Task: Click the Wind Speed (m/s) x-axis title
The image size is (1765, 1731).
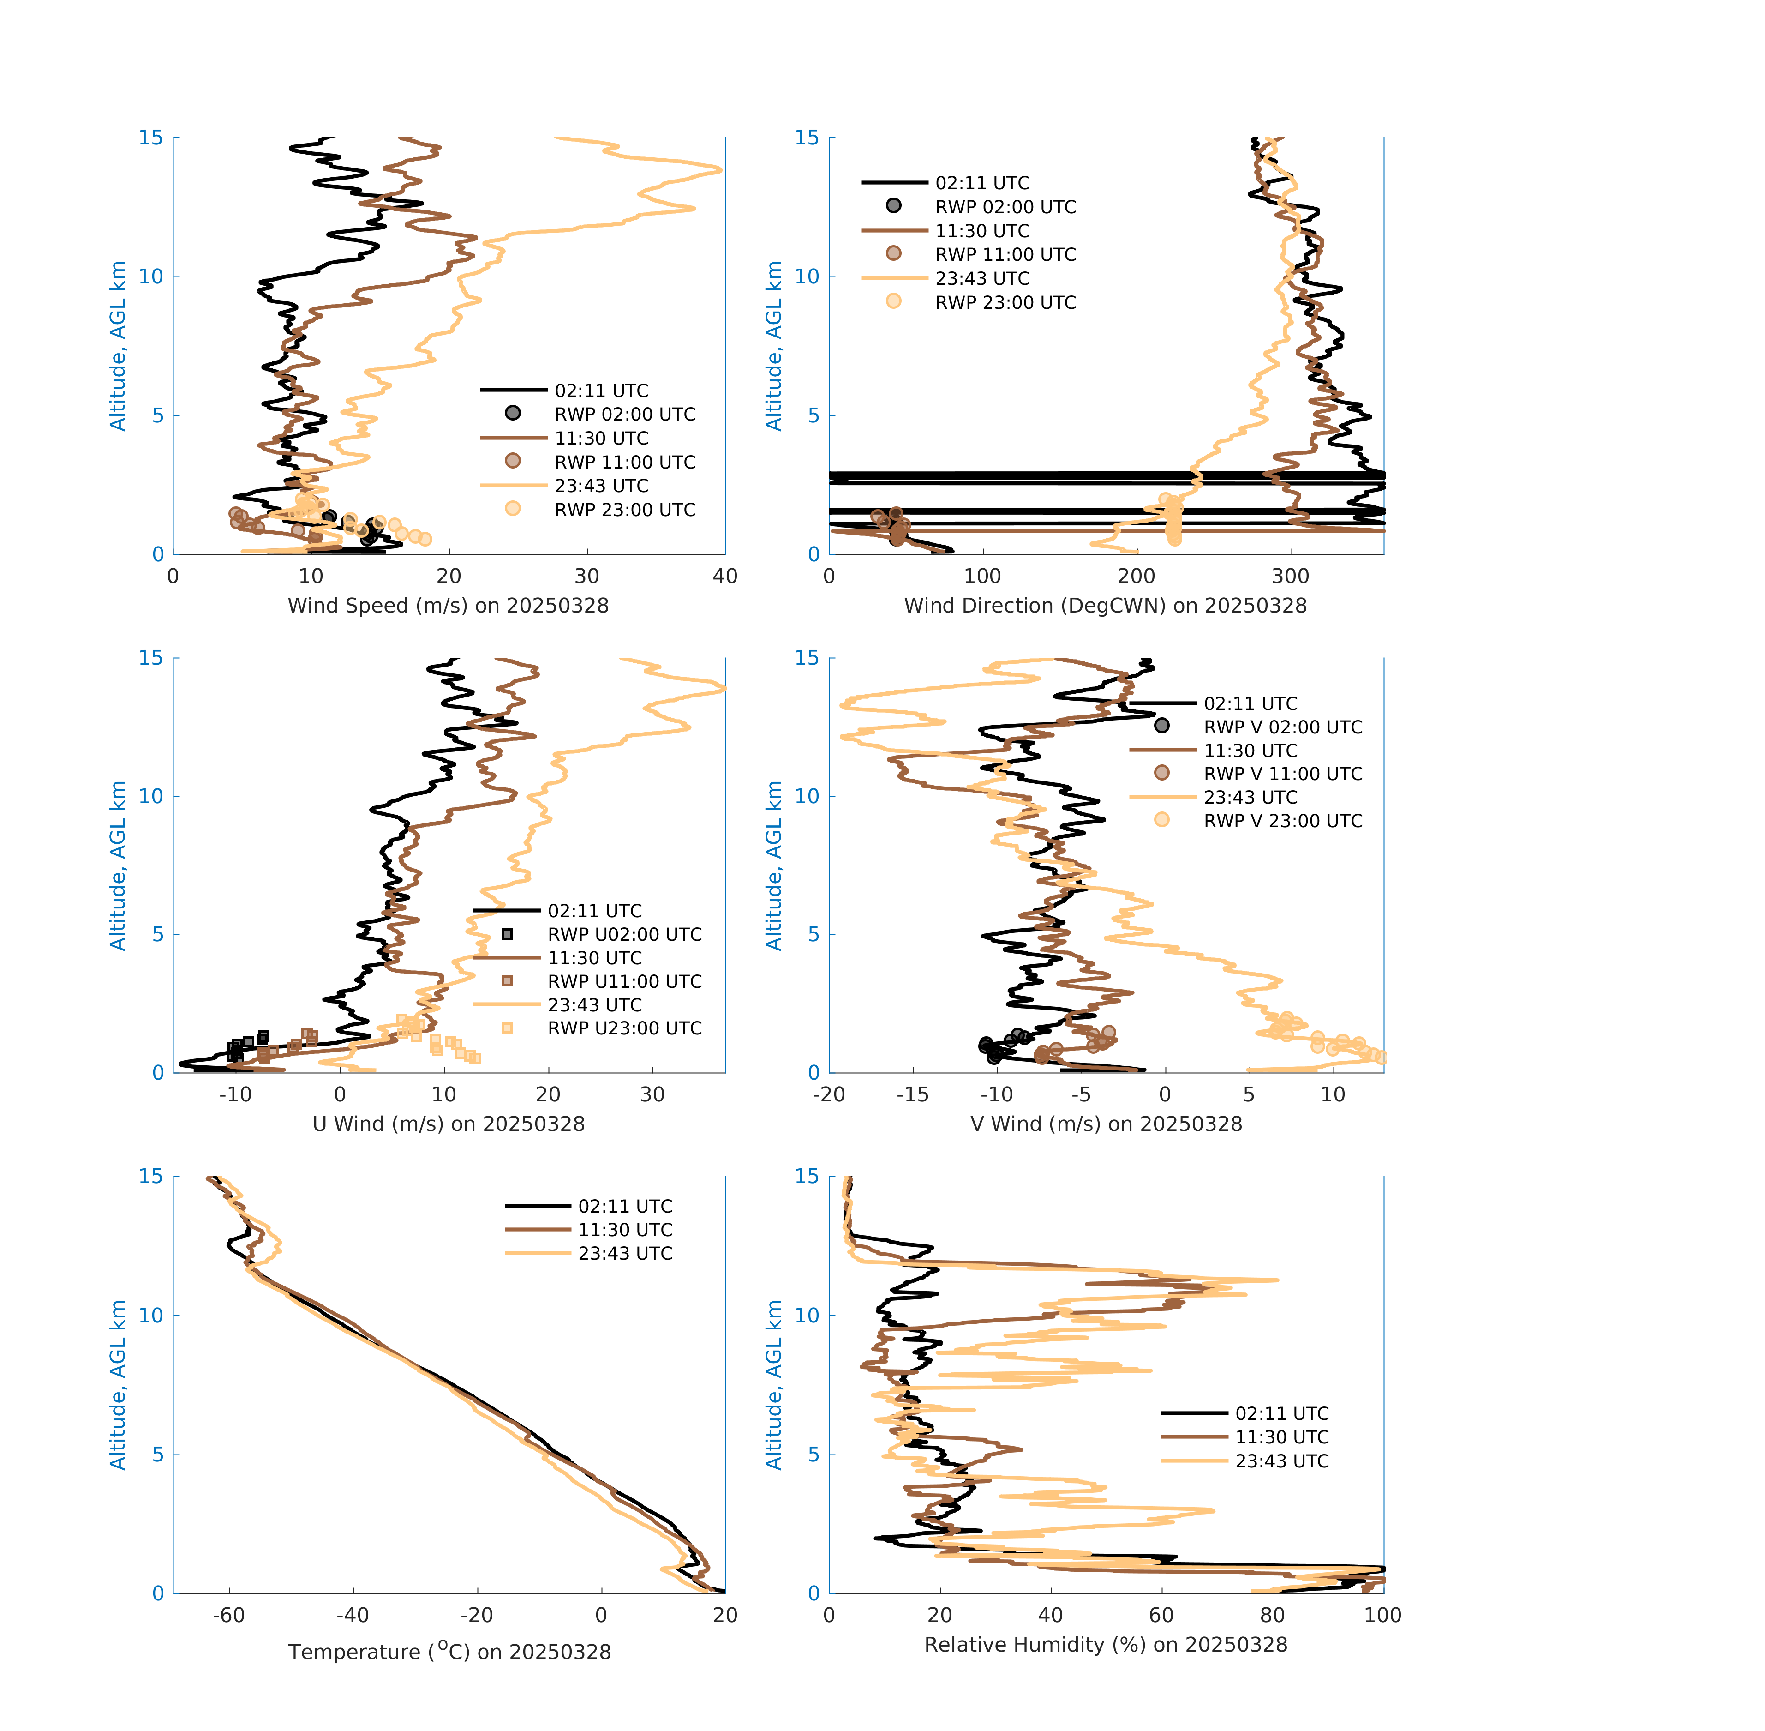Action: click(x=448, y=606)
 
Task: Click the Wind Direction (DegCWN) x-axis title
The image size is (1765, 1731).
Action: click(x=1105, y=606)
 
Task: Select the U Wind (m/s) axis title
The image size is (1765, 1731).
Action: click(x=448, y=1124)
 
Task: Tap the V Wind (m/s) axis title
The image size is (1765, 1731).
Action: click(x=1105, y=1124)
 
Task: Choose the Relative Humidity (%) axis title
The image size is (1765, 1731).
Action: click(x=1105, y=1645)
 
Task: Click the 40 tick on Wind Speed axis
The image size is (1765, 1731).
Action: click(x=724, y=577)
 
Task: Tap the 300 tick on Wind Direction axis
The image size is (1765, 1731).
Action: click(x=1290, y=577)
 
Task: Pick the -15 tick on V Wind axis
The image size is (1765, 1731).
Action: click(x=912, y=1094)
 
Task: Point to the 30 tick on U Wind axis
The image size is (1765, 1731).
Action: click(x=652, y=1094)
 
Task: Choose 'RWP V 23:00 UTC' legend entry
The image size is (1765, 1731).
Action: click(x=1282, y=821)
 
